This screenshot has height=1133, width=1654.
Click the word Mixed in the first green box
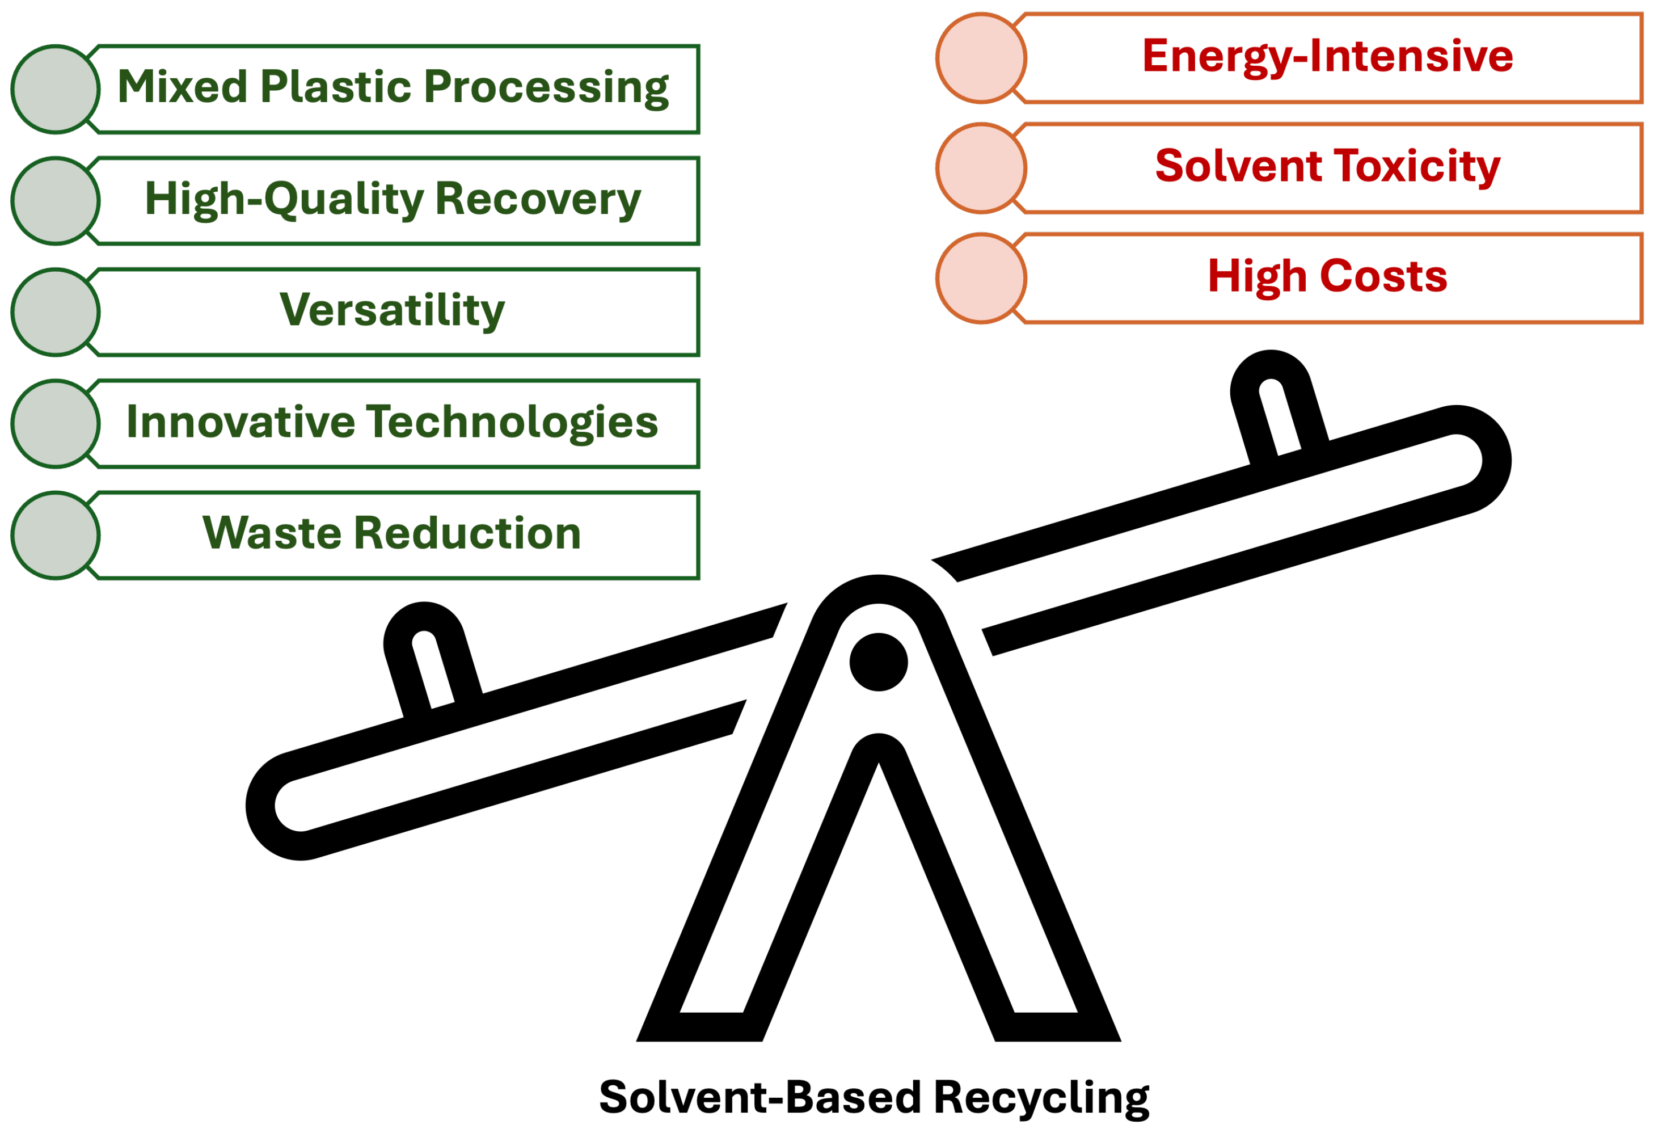point(182,87)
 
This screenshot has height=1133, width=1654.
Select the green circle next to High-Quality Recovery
point(56,201)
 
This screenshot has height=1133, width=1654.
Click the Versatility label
point(392,310)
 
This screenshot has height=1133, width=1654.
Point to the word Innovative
point(240,422)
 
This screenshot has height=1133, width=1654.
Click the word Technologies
point(512,423)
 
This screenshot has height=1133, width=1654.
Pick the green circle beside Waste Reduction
point(56,535)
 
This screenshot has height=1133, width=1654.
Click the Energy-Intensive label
point(1327,56)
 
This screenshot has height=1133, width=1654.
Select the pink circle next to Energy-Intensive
point(981,58)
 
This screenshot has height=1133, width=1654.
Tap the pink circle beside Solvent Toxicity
point(981,168)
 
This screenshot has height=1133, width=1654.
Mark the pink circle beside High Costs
point(981,278)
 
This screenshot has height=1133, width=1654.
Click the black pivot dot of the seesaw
point(878,662)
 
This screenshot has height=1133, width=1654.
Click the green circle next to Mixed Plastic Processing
point(56,89)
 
